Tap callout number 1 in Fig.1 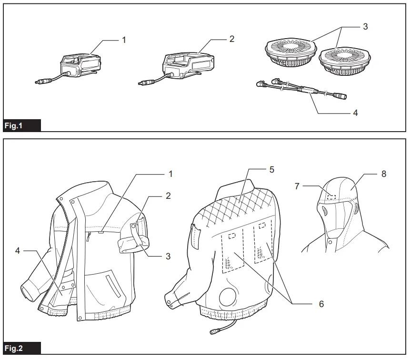click(x=124, y=40)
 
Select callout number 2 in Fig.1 click(x=232, y=39)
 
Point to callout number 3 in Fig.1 click(x=365, y=27)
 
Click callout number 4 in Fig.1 click(x=355, y=113)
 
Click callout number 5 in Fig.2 click(x=271, y=169)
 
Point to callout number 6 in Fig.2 click(x=321, y=304)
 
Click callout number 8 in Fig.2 click(x=384, y=174)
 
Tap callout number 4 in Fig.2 click(x=18, y=250)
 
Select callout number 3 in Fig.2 click(x=168, y=256)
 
